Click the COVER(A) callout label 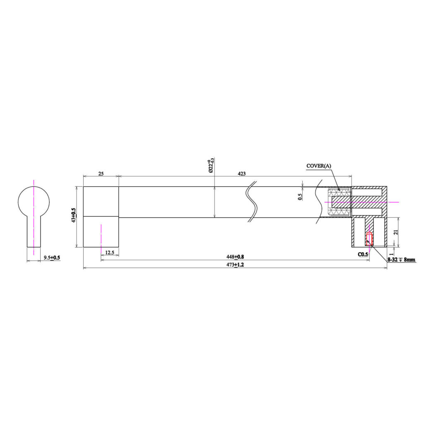pyautogui.click(x=318, y=166)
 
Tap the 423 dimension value pyautogui.click(x=241, y=173)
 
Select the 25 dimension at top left pyautogui.click(x=101, y=173)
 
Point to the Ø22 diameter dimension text pyautogui.click(x=211, y=166)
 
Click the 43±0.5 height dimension pyautogui.click(x=74, y=215)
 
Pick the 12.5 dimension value pyautogui.click(x=109, y=253)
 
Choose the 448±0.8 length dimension pyautogui.click(x=235, y=257)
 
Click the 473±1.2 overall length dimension pyautogui.click(x=235, y=265)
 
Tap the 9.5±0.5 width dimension pyautogui.click(x=52, y=258)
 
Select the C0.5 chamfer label pyautogui.click(x=363, y=254)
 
